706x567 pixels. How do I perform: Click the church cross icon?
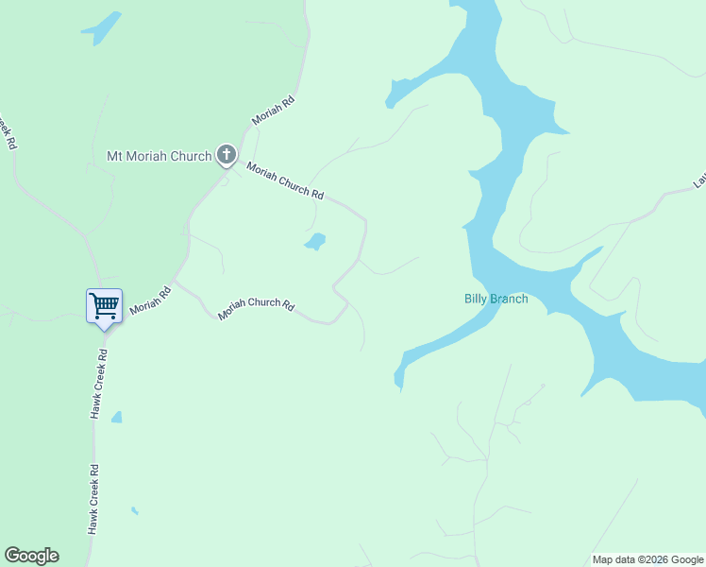(x=226, y=154)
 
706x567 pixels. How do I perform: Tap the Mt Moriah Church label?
(x=159, y=156)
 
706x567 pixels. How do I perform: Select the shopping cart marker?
(x=104, y=306)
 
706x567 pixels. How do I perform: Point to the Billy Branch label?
(x=496, y=300)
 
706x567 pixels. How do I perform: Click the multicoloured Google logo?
(x=31, y=556)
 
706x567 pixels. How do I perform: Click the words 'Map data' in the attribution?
(x=614, y=559)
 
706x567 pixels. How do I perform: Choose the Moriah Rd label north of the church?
(x=274, y=111)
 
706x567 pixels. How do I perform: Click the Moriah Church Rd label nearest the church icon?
(x=285, y=180)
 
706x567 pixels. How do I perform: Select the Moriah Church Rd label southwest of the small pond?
(x=257, y=308)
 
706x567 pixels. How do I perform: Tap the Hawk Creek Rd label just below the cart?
(x=99, y=384)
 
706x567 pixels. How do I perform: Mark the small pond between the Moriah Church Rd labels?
(x=315, y=242)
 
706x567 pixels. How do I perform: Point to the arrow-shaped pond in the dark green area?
(x=103, y=27)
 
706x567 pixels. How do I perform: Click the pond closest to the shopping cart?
(x=116, y=417)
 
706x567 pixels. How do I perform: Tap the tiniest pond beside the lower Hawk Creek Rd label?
(x=135, y=511)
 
